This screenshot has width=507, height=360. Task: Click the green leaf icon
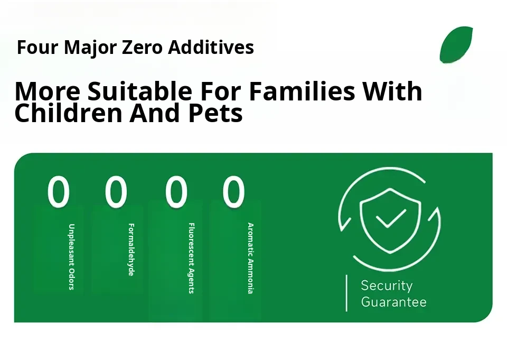click(456, 44)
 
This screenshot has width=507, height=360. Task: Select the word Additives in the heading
click(211, 47)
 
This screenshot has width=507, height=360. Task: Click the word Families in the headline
click(302, 91)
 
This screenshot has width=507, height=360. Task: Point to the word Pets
click(215, 113)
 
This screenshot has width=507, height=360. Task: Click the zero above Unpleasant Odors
click(59, 191)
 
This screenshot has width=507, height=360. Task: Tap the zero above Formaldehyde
click(116, 191)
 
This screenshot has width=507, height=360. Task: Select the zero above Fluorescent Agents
click(176, 191)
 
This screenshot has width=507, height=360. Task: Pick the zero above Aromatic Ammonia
click(233, 191)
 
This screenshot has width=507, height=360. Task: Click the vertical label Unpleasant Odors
click(71, 257)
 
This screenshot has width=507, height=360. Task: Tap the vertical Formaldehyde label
click(131, 250)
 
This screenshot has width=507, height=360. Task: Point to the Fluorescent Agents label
click(191, 258)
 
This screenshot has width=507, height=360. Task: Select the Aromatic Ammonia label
click(250, 259)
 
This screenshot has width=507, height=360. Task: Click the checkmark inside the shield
click(391, 218)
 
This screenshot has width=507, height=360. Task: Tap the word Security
click(387, 285)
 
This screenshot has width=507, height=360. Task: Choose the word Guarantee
click(393, 302)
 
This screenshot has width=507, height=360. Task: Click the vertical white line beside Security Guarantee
click(346, 293)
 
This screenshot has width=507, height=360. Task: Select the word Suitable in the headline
click(139, 91)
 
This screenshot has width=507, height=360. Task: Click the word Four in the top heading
click(37, 47)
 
